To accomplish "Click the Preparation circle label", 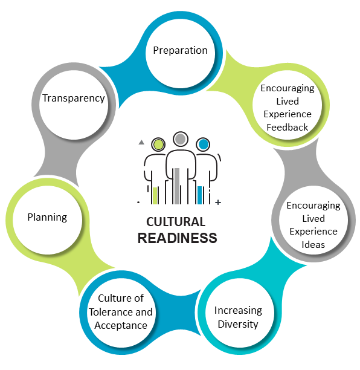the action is pyautogui.click(x=180, y=51).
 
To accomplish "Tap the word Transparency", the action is pyautogui.click(x=73, y=99).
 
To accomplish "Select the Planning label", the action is pyautogui.click(x=47, y=217).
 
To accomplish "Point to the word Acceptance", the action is pyautogui.click(x=121, y=326).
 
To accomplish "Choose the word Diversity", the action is pyautogui.click(x=238, y=324).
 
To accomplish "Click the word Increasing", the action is pyautogui.click(x=238, y=311).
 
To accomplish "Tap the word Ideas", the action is pyautogui.click(x=313, y=245).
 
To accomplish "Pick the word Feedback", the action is pyautogui.click(x=287, y=128).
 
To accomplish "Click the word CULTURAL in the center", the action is pyautogui.click(x=176, y=222).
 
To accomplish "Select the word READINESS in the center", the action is pyautogui.click(x=178, y=238).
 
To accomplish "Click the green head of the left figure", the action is pyautogui.click(x=158, y=144).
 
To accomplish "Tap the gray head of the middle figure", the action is pyautogui.click(x=181, y=139).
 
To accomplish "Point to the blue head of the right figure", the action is pyautogui.click(x=203, y=144).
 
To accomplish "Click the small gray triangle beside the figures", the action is pyautogui.click(x=141, y=142).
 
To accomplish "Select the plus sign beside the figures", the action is pyautogui.click(x=218, y=202).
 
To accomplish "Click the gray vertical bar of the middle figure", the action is pyautogui.click(x=177, y=186).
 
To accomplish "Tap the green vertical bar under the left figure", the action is pyautogui.click(x=155, y=196).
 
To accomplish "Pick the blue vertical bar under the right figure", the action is pyautogui.click(x=200, y=195).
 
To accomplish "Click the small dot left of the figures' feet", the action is pyautogui.click(x=138, y=202).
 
